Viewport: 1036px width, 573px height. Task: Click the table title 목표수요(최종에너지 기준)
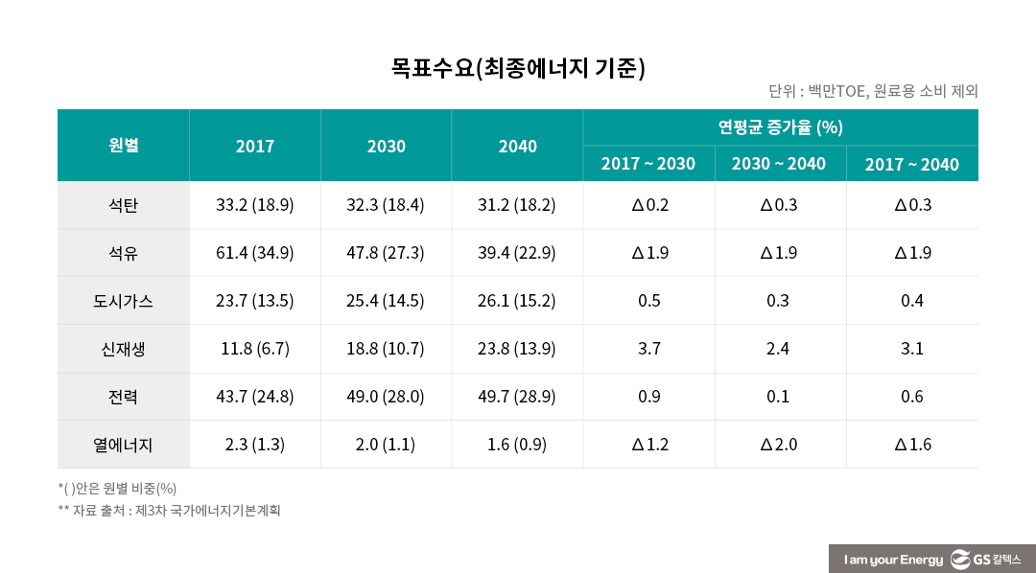pyautogui.click(x=517, y=68)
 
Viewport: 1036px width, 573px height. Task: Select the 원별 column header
pyautogui.click(x=123, y=146)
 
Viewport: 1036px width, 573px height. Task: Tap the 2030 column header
pyautogui.click(x=386, y=147)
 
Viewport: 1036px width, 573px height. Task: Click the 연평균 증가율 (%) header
pyautogui.click(x=780, y=127)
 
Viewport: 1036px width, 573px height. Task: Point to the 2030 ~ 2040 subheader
pyautogui.click(x=778, y=164)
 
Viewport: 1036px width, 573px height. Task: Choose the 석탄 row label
pyautogui.click(x=123, y=205)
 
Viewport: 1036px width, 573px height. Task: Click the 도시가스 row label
pyautogui.click(x=123, y=301)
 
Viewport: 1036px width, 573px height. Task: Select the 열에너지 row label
pyautogui.click(x=123, y=445)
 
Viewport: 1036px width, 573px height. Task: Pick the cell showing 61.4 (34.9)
pyautogui.click(x=254, y=253)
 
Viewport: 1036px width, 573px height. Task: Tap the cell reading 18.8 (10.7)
pyautogui.click(x=386, y=349)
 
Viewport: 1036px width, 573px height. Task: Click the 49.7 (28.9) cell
pyautogui.click(x=517, y=397)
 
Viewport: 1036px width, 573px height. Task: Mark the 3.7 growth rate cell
pyautogui.click(x=648, y=349)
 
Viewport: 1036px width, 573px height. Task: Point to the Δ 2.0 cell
pyautogui.click(x=778, y=445)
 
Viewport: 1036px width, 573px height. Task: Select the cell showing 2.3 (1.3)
pyautogui.click(x=254, y=445)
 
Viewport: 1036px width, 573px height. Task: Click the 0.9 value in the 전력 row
pyautogui.click(x=648, y=397)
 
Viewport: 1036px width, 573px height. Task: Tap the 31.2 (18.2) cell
pyautogui.click(x=517, y=205)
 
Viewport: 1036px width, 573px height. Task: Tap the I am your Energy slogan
pyautogui.click(x=893, y=560)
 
